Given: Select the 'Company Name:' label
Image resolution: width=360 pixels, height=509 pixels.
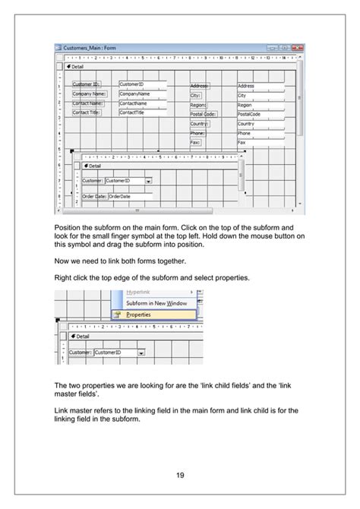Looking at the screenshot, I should point(90,94).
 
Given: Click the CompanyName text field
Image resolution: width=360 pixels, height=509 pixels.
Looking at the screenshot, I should point(141,94).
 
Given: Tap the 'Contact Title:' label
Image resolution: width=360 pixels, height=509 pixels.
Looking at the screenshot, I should point(87,112).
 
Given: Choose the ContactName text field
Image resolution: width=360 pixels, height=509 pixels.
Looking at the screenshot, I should point(141,103).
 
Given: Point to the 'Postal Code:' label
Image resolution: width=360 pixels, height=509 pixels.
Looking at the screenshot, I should point(203,115).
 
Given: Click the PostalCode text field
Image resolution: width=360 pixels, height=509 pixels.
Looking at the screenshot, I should point(261,115).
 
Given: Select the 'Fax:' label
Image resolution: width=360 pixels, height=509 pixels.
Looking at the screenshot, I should point(195,142).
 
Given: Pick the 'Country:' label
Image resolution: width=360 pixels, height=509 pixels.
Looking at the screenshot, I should point(199,124).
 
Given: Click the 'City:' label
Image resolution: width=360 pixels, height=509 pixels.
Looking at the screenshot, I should point(196,96).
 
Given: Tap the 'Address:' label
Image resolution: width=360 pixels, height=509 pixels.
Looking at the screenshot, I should point(200,87).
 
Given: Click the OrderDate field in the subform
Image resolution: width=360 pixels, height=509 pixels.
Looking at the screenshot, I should point(129,196).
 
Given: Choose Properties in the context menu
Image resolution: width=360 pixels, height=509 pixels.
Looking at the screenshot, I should point(138,314).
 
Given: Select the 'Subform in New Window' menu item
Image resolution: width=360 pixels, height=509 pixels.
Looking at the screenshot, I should point(156,302).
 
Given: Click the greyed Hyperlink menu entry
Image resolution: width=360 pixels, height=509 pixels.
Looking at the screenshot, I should point(137,292).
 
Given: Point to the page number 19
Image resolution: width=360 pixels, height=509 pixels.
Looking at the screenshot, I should point(180,476).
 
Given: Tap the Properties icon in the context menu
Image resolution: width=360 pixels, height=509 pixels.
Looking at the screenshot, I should point(118,314).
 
